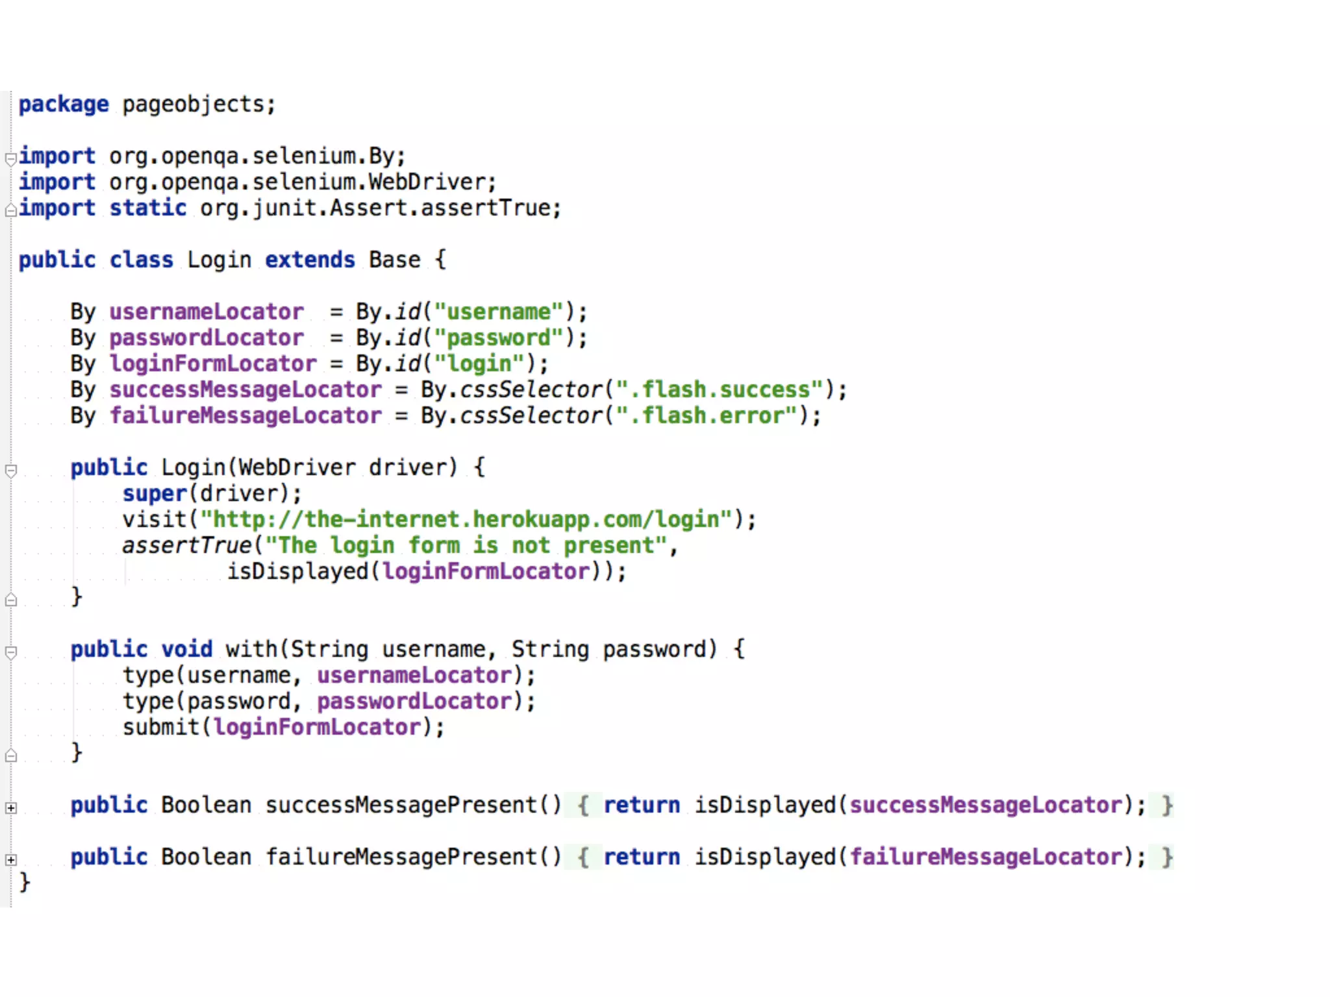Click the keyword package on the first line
[x=64, y=105]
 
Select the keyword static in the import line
[x=148, y=208]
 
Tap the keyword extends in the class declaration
[x=310, y=260]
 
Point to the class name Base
[x=394, y=260]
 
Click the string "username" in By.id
[x=499, y=312]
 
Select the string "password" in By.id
[x=499, y=338]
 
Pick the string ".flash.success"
[x=720, y=390]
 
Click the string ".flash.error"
[x=707, y=416]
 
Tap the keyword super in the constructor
[x=155, y=494]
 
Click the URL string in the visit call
[x=466, y=520]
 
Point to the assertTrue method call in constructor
[x=187, y=546]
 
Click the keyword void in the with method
[x=187, y=650]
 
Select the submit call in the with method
[x=161, y=728]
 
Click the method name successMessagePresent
[x=401, y=806]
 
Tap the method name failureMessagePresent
[x=401, y=857]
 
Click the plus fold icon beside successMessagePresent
[x=11, y=808]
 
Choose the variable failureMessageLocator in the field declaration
[x=245, y=416]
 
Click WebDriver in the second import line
[x=427, y=182]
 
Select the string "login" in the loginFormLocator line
[x=479, y=364]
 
